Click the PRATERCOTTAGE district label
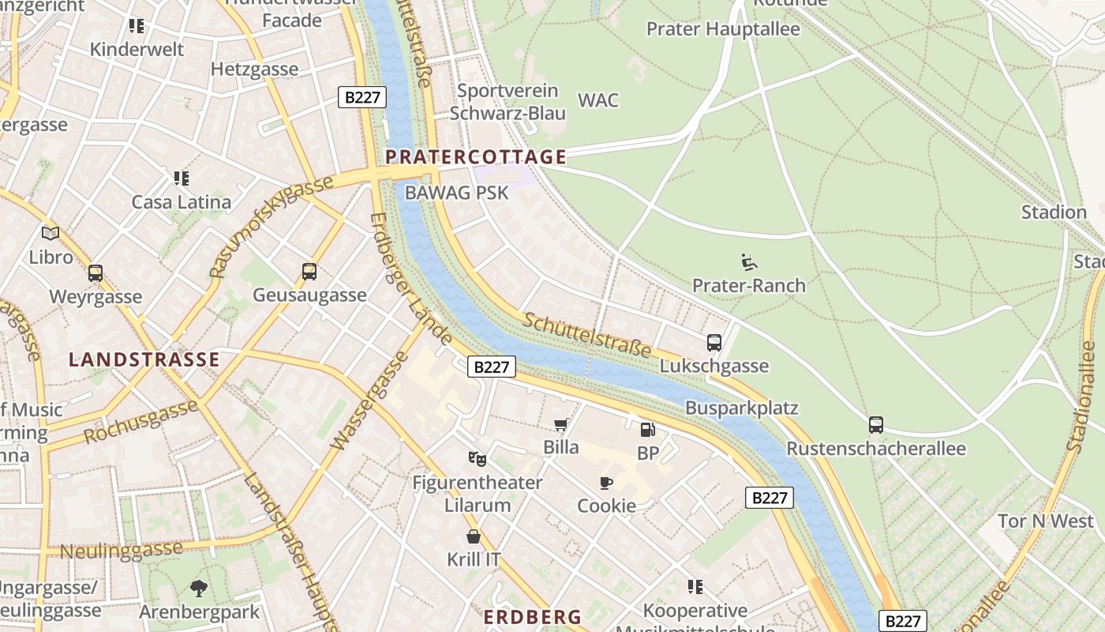pos(475,156)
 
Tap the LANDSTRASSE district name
pos(144,359)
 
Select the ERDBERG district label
pos(532,617)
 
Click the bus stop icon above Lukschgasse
pos(714,343)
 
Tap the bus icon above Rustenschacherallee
pos(876,425)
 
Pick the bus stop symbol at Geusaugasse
pos(309,272)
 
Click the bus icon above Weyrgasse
pos(96,273)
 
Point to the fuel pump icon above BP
pos(647,430)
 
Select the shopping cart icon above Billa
pos(560,426)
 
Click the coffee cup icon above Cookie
pos(606,483)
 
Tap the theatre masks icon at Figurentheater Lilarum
pos(477,459)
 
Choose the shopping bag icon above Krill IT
pos(474,536)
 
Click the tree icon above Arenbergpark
pos(199,588)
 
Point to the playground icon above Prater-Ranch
pos(748,261)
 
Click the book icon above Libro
pos(51,233)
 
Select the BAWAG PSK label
pos(456,192)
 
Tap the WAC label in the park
pos(598,100)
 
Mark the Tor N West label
pos(1046,521)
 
